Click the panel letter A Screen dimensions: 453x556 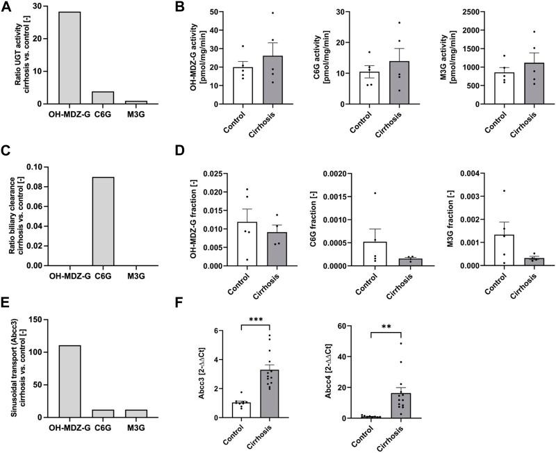[x=6, y=7]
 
